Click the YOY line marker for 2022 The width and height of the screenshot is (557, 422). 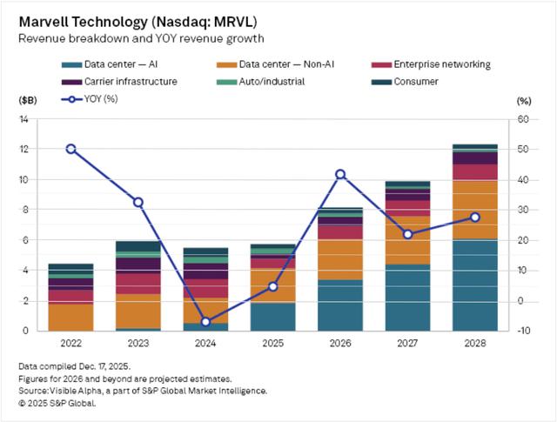[x=70, y=149]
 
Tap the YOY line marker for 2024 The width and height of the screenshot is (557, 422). [x=205, y=322]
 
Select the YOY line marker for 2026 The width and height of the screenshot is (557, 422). [x=340, y=174]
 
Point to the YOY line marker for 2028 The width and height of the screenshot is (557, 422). [x=474, y=217]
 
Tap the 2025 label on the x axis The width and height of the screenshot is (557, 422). [x=272, y=342]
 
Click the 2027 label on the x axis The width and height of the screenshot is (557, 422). [x=407, y=342]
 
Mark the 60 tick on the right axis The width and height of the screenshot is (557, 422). [x=523, y=119]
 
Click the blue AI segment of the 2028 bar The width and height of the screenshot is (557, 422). [x=474, y=285]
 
